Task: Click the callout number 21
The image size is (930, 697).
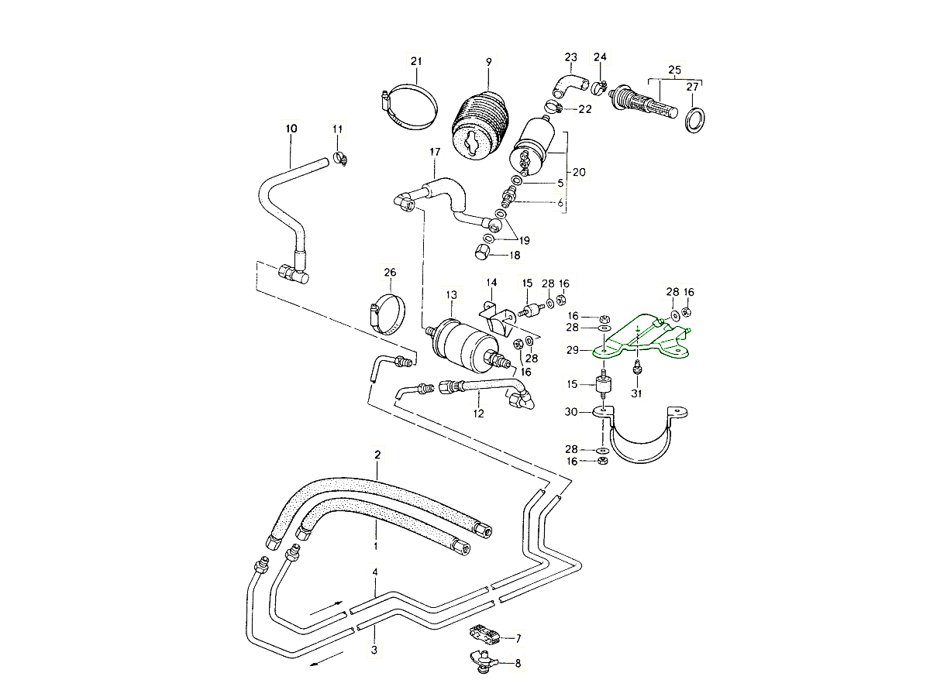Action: point(415,61)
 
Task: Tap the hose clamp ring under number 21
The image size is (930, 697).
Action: point(409,109)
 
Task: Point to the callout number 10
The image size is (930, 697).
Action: point(291,128)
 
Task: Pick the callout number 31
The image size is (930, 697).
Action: point(637,393)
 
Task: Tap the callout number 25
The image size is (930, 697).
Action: point(674,70)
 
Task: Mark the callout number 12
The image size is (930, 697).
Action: point(479,414)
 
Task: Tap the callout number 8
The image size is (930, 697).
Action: point(518,663)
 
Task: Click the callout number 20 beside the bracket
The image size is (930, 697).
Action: point(578,171)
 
